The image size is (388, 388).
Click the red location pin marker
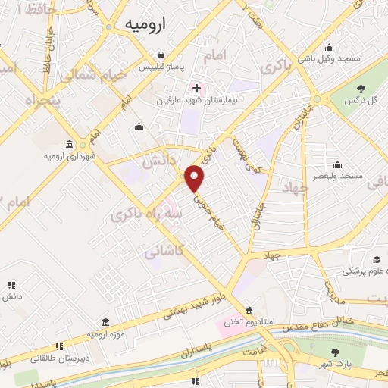click(195, 179)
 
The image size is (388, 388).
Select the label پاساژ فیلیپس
click(161, 67)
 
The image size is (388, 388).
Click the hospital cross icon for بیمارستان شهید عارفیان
click(196, 88)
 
